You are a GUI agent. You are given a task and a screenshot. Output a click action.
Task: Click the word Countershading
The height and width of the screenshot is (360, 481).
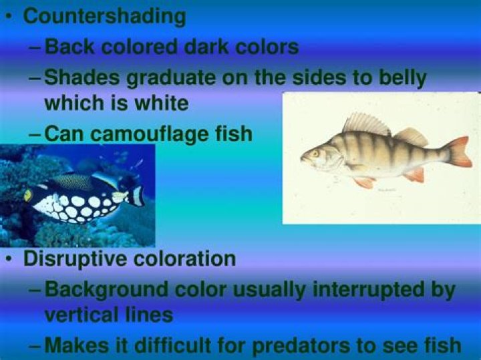click(x=104, y=17)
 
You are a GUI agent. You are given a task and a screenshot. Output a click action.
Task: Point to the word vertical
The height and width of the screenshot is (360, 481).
click(x=79, y=315)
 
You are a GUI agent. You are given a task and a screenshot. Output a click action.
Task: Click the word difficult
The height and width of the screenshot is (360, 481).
click(x=172, y=345)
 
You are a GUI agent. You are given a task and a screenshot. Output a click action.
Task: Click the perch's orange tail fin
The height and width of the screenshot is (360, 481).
click(x=459, y=152)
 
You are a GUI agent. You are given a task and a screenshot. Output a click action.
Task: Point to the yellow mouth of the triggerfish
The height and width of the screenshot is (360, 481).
click(x=28, y=195)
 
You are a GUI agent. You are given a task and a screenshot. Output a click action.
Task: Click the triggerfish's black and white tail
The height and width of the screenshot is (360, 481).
click(x=137, y=195)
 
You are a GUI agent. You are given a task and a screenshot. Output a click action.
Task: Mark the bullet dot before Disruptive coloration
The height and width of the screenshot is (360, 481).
click(x=10, y=258)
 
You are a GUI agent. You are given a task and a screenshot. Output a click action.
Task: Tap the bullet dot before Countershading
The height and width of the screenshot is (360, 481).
click(x=10, y=17)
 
